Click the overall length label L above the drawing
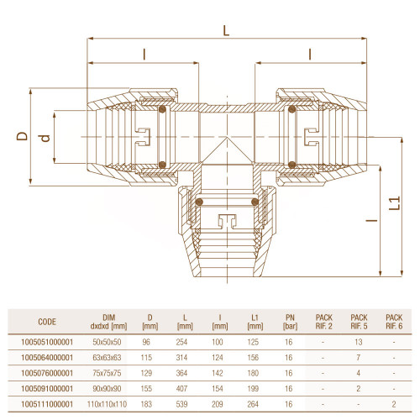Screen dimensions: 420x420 pyautogui.click(x=226, y=30)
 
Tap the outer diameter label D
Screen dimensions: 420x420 pyautogui.click(x=22, y=136)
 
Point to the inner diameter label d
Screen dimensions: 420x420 pyautogui.click(x=45, y=138)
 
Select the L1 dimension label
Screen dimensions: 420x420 pyautogui.click(x=395, y=203)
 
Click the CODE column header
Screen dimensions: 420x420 pyautogui.click(x=47, y=322)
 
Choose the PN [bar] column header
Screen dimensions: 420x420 pyautogui.click(x=290, y=322)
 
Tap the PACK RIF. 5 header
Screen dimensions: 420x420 pyautogui.click(x=359, y=322)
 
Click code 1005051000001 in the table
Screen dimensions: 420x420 pyautogui.click(x=47, y=342)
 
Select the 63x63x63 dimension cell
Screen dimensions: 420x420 pyautogui.click(x=107, y=358)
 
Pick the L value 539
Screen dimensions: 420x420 pyautogui.click(x=181, y=404)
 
